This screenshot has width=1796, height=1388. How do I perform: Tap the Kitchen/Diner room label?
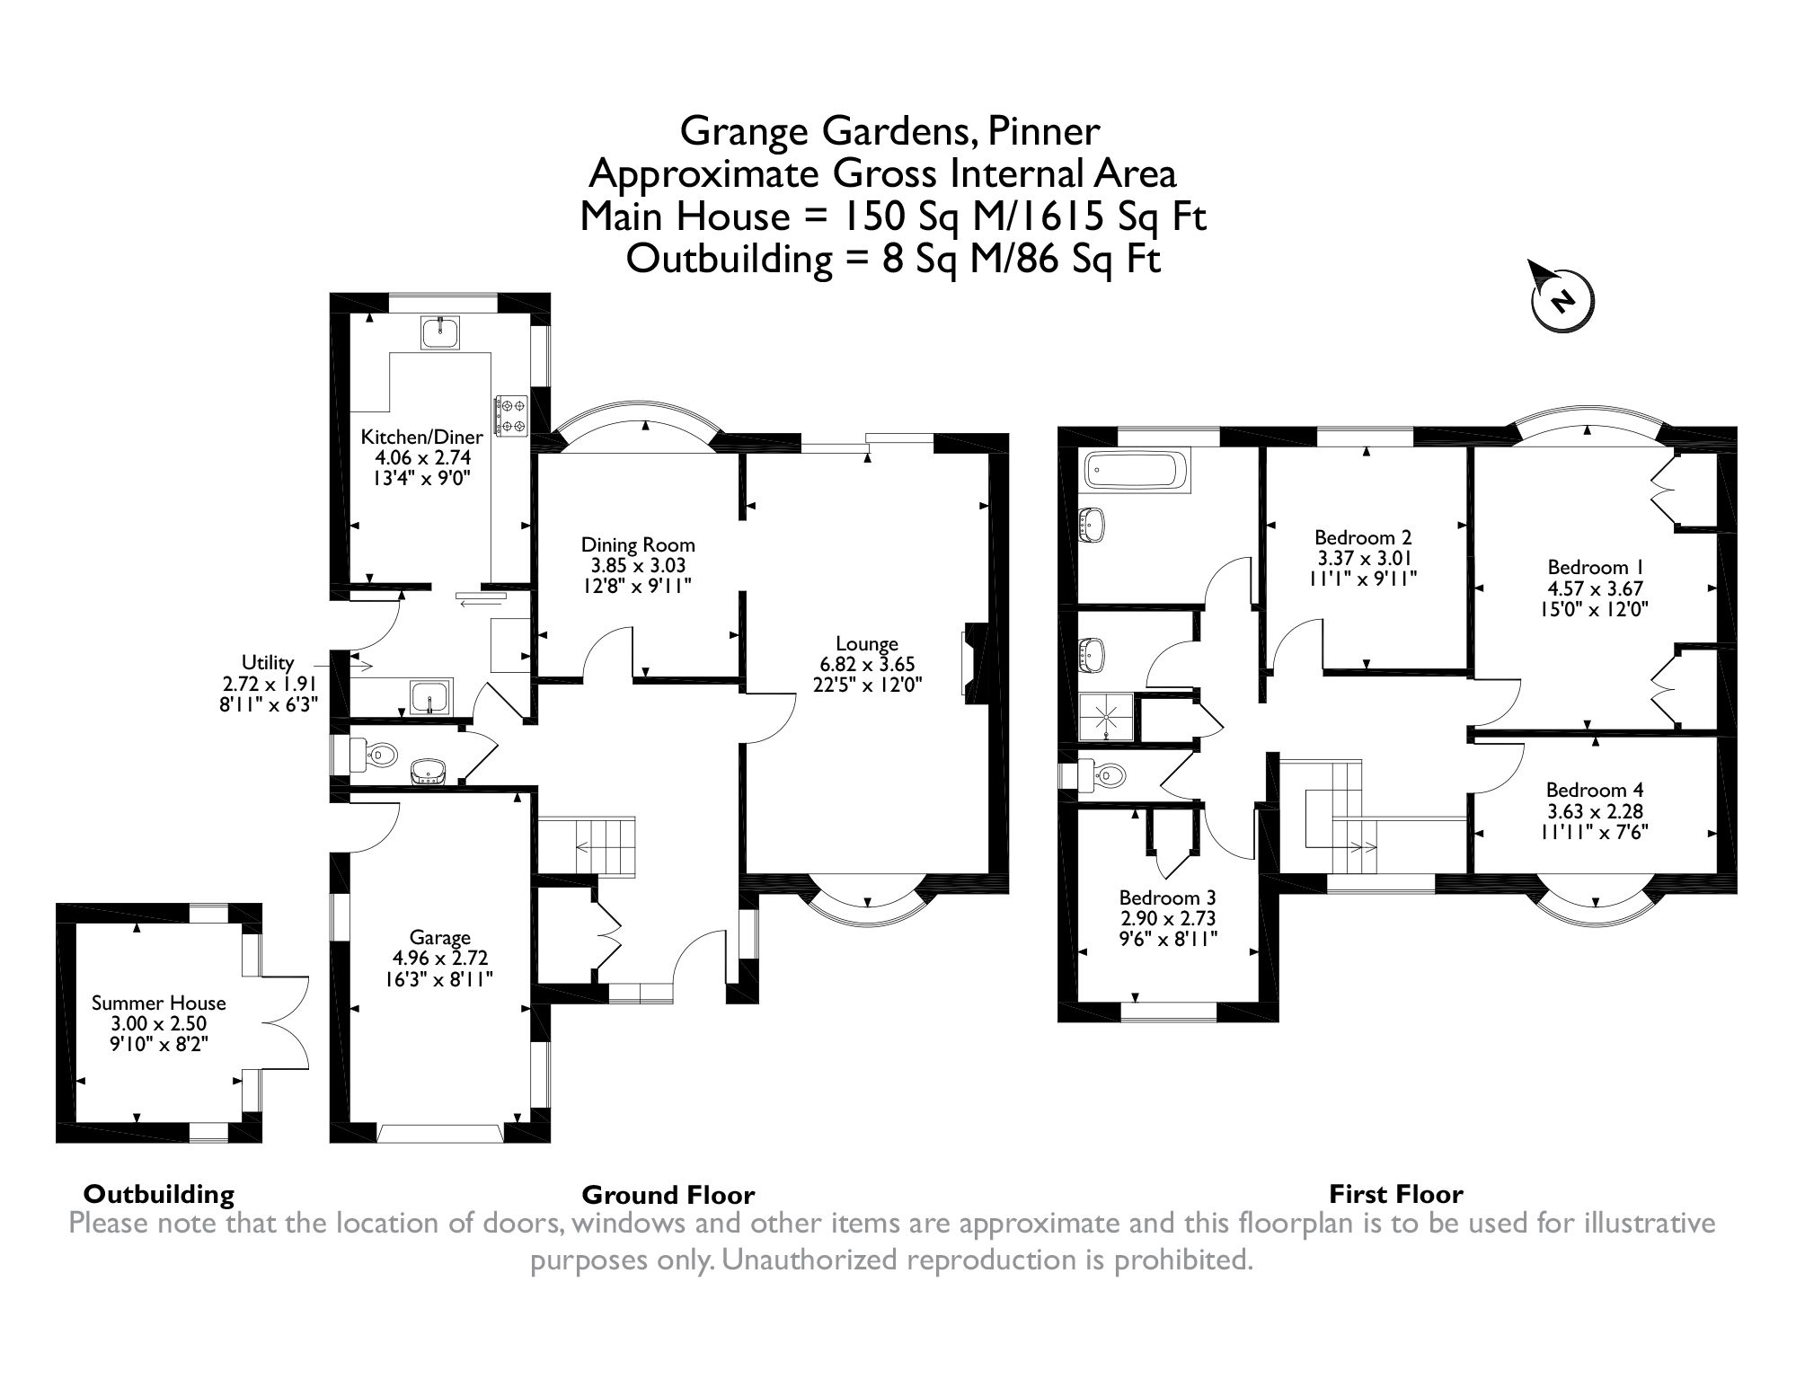(421, 438)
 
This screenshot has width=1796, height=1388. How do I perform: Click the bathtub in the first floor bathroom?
(1137, 471)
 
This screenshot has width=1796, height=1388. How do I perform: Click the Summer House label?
(159, 1003)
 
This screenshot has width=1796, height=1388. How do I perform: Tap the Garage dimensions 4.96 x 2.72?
(439, 958)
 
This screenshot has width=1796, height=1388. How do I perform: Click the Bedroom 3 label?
(1167, 897)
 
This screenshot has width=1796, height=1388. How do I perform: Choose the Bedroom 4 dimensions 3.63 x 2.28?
(1596, 810)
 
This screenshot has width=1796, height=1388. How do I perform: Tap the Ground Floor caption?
(668, 1195)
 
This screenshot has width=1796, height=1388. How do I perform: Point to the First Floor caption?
(1395, 1194)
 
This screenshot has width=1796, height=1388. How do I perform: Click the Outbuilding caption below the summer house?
(158, 1194)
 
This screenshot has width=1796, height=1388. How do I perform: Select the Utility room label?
(268, 663)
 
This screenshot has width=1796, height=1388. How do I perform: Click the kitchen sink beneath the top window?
(439, 332)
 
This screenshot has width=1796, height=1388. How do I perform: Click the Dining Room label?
(638, 544)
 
